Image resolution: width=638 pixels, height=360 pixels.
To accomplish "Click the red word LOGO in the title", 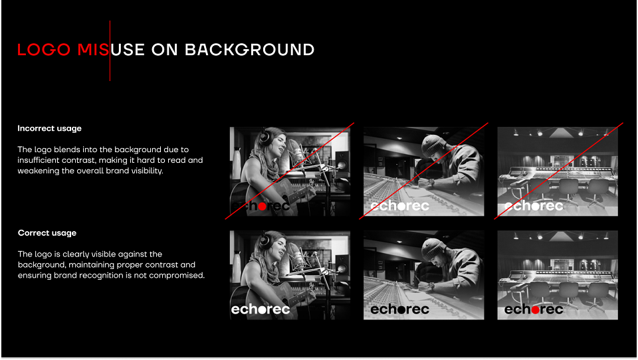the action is click(44, 50).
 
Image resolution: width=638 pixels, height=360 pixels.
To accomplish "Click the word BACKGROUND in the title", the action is click(249, 50).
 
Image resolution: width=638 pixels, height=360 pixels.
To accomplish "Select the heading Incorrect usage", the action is click(49, 129).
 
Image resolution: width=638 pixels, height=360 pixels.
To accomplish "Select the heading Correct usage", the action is click(47, 233).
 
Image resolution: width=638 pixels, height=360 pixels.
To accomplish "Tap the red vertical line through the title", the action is click(110, 51).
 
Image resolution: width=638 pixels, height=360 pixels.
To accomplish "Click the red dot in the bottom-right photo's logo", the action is click(536, 310).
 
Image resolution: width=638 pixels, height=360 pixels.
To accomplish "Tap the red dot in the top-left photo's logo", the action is click(263, 207).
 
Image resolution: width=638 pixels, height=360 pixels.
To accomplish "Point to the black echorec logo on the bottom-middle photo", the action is click(399, 310).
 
